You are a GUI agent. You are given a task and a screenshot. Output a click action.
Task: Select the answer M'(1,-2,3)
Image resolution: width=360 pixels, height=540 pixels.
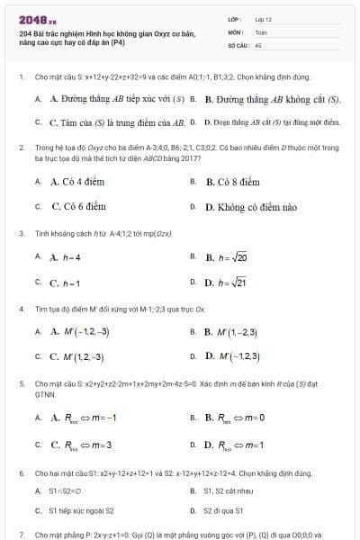[232, 331]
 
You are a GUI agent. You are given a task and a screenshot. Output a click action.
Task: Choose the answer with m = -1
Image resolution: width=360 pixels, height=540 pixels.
[84, 418]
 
